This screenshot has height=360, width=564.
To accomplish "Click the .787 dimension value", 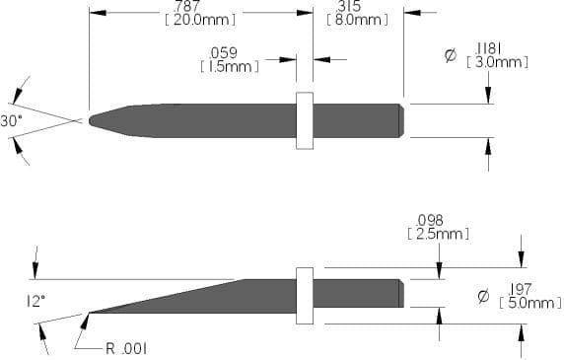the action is (x=186, y=6).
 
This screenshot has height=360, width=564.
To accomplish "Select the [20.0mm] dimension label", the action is (x=200, y=20).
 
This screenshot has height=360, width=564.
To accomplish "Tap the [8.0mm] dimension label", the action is (x=358, y=20).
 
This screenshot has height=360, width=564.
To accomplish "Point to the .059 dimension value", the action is (x=223, y=53).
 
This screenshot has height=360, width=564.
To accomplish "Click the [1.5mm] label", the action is (x=230, y=66).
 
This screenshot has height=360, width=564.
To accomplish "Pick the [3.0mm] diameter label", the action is (x=498, y=62).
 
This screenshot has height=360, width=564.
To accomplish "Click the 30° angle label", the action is (x=12, y=121).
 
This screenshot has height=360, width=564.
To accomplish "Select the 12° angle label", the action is (x=35, y=302).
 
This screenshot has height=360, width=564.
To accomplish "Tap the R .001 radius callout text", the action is (x=126, y=348).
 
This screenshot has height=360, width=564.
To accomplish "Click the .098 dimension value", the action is (x=430, y=221).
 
